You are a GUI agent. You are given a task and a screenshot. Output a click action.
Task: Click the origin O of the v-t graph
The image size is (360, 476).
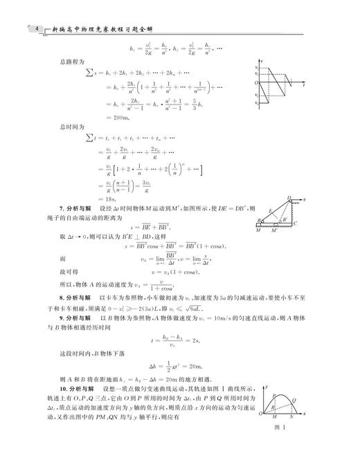[x=255, y=81]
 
